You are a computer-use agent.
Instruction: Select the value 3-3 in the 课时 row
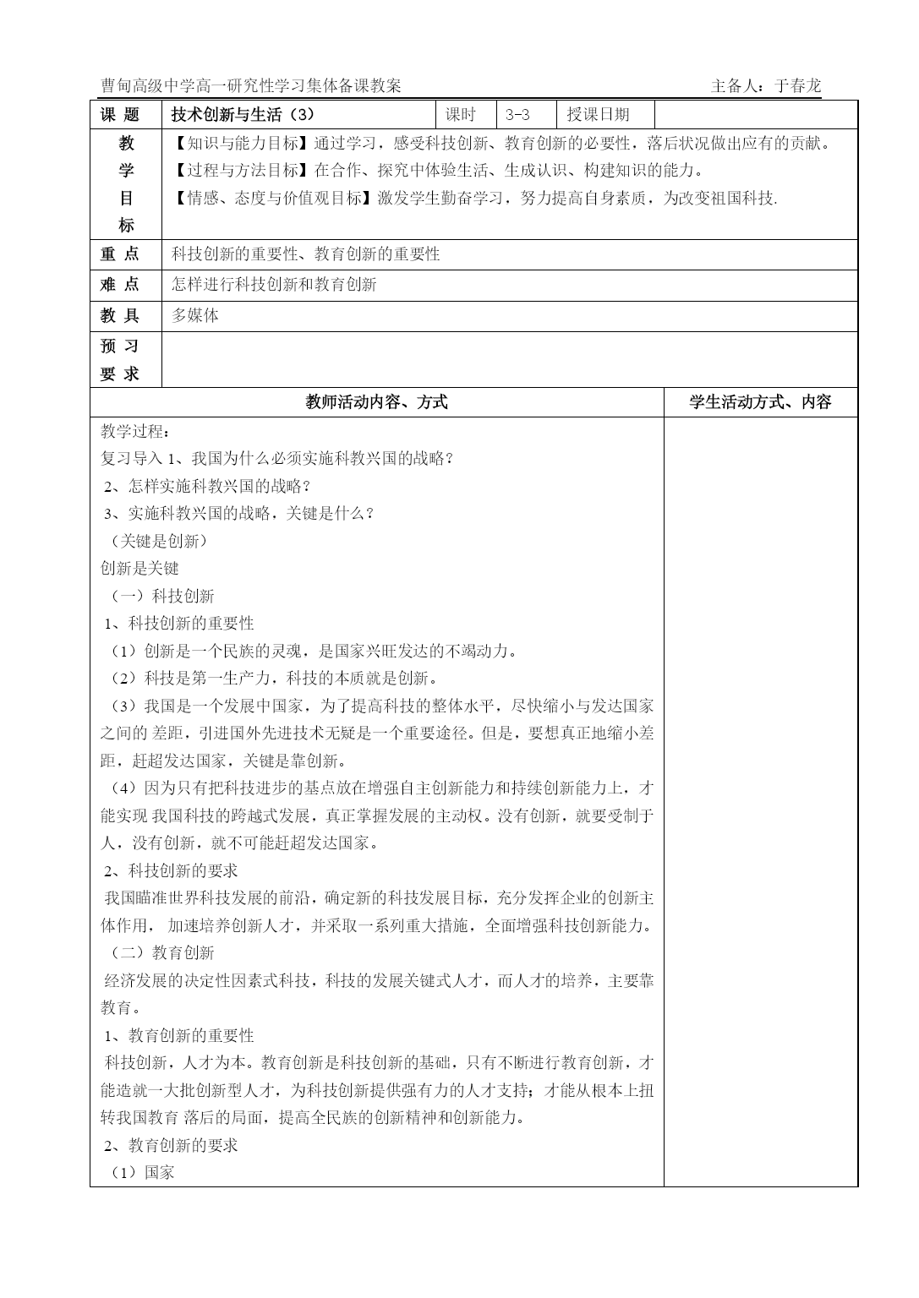(517, 115)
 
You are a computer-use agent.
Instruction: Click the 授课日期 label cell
(598, 115)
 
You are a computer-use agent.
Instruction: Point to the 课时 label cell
(461, 115)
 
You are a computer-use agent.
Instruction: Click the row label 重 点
(120, 254)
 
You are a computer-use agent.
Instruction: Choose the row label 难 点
(120, 284)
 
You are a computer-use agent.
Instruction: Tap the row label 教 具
(120, 315)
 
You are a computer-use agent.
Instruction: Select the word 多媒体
(195, 315)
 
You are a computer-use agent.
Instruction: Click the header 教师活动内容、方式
(376, 402)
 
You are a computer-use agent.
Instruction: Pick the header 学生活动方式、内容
(760, 402)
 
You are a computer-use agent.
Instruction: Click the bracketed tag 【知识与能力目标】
(242, 143)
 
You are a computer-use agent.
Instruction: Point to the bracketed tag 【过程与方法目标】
(242, 171)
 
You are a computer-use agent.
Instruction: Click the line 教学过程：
(134, 431)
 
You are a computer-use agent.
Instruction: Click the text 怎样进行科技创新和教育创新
(274, 284)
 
